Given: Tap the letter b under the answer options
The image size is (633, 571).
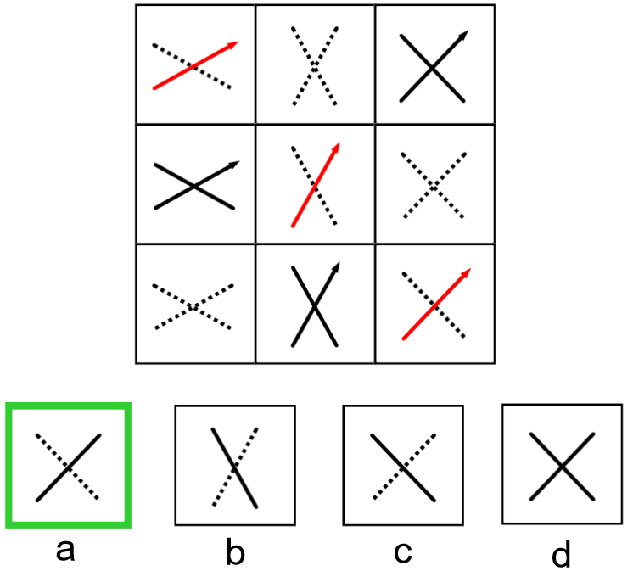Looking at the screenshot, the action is click(235, 553).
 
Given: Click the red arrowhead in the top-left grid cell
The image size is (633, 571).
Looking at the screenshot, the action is click(233, 43).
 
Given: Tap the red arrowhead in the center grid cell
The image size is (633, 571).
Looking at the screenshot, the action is click(337, 148).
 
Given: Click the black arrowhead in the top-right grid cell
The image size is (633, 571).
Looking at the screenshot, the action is click(463, 35).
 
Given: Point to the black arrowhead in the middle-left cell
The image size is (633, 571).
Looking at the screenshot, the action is click(235, 164).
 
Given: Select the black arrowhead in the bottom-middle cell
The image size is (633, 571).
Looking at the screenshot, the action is click(337, 268).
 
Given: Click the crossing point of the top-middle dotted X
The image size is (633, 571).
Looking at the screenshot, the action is click(315, 65).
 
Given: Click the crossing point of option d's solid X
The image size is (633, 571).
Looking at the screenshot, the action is click(561, 466).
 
